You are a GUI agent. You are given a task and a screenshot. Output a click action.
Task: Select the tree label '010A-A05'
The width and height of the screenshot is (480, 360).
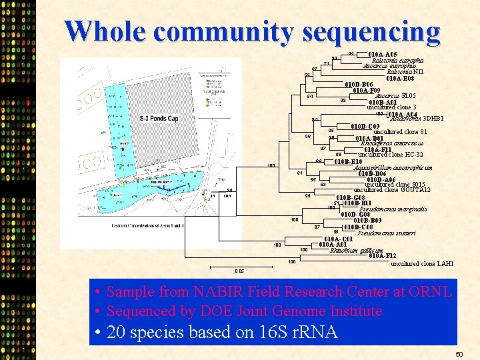point(383,54)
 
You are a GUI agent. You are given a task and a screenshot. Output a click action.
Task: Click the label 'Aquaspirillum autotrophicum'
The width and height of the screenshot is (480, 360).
point(394,167)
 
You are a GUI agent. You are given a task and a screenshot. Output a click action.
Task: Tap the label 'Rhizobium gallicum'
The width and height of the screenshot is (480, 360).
point(357,250)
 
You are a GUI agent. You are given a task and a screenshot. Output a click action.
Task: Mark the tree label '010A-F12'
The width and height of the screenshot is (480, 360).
point(383,256)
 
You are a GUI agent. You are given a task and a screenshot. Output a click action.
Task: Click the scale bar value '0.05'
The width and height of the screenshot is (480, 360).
point(239,271)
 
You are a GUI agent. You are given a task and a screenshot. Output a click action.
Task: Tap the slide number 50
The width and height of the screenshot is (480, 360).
point(459,353)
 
